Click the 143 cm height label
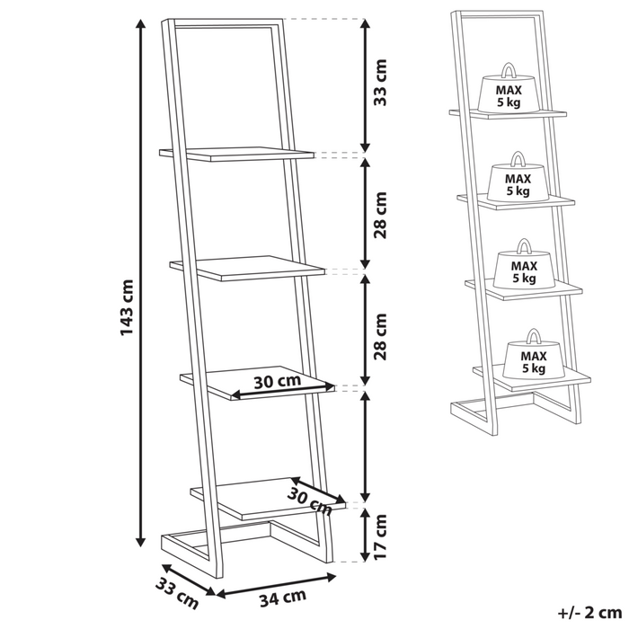(127, 307)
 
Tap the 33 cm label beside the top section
(379, 83)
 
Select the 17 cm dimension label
(379, 536)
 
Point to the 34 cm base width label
(283, 598)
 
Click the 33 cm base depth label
(177, 593)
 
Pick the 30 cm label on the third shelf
(278, 382)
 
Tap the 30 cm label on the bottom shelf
(309, 501)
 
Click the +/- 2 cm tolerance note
(589, 613)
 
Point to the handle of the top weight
(509, 69)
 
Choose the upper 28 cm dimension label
(379, 216)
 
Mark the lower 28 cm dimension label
(379, 337)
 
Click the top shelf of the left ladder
(236, 154)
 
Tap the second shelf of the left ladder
(247, 268)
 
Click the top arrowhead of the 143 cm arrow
(140, 23)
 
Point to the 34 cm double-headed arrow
(276, 585)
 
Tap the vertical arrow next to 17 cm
(365, 535)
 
